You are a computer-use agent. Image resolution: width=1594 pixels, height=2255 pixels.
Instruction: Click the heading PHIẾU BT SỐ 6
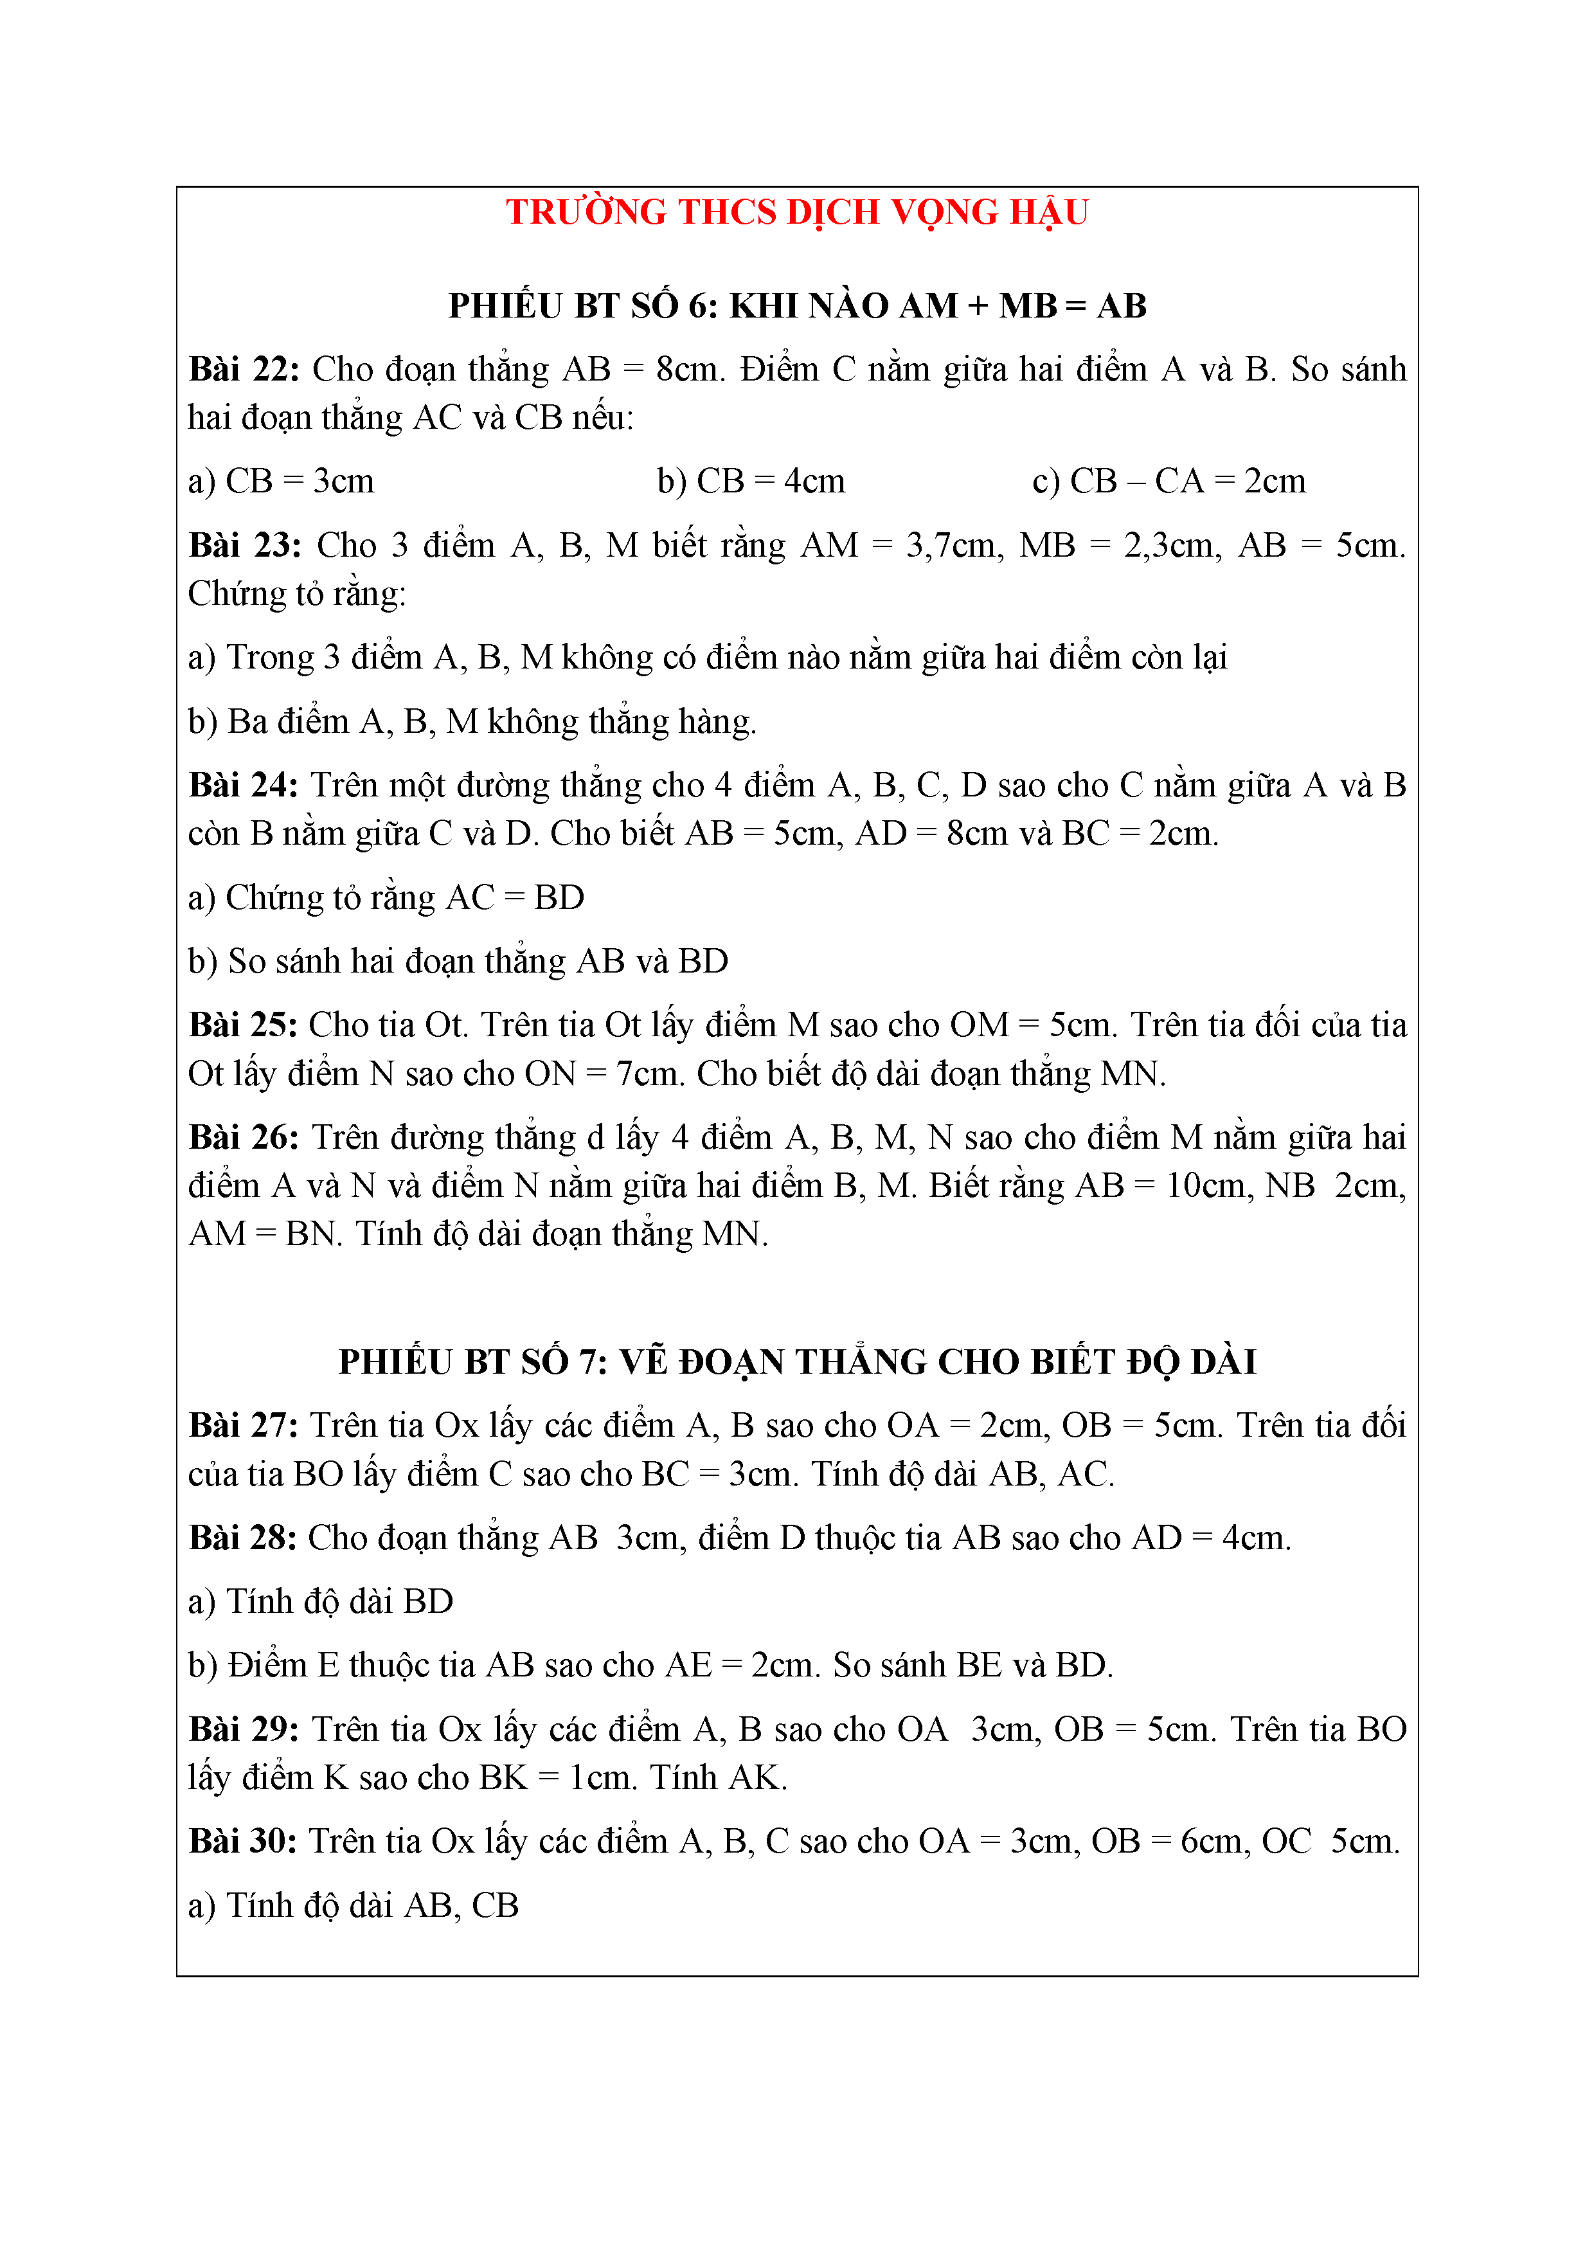click(x=796, y=307)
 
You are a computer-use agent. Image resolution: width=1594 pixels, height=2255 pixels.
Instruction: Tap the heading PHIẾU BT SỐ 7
click(x=796, y=1362)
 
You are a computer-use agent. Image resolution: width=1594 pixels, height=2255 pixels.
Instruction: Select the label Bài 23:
click(x=244, y=546)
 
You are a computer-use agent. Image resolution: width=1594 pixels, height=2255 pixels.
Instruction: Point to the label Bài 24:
click(x=244, y=786)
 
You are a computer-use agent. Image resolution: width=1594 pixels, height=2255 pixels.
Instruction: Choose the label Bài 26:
click(x=244, y=1137)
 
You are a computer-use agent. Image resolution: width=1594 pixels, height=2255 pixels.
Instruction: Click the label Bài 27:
click(x=244, y=1426)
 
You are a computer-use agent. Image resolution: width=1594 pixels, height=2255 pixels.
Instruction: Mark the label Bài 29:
click(x=244, y=1730)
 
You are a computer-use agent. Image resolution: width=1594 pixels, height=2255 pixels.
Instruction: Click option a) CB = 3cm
click(x=281, y=481)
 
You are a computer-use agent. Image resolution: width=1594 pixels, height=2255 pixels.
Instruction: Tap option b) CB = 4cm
click(x=750, y=481)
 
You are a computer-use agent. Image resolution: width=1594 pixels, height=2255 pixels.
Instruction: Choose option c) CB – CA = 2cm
click(x=1169, y=481)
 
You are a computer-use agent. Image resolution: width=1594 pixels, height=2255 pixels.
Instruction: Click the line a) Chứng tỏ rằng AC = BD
click(x=386, y=897)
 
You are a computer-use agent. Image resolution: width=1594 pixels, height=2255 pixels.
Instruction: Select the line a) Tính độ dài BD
click(x=320, y=1602)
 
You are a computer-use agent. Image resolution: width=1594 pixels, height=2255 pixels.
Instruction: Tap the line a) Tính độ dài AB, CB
click(x=353, y=1905)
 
